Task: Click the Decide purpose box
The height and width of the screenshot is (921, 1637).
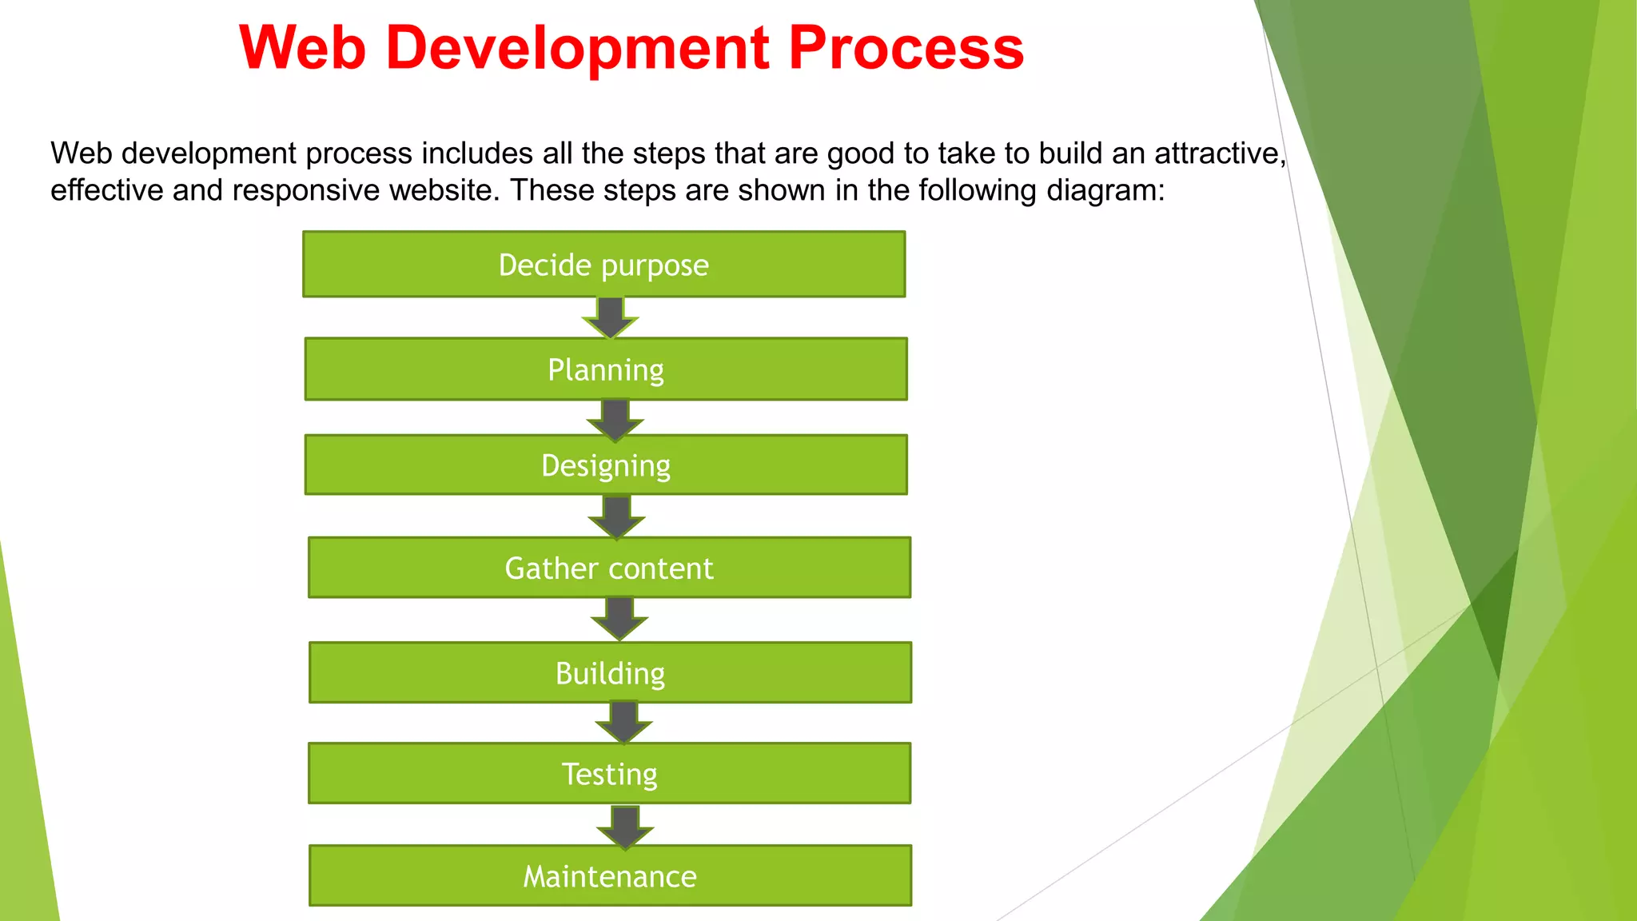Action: coord(603,265)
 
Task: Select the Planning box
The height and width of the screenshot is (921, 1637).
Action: coord(606,369)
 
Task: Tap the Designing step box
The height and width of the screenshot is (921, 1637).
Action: coord(606,465)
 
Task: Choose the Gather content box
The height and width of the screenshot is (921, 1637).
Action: coord(609,568)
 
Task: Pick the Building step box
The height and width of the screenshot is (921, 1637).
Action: coord(610,673)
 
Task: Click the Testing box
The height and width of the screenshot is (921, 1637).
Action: coord(609,774)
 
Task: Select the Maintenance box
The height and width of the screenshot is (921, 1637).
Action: coord(610,876)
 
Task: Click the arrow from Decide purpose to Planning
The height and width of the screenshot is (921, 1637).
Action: coord(610,317)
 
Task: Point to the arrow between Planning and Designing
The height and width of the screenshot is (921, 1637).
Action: coord(615,419)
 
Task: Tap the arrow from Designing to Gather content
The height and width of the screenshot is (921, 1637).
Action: coord(616,516)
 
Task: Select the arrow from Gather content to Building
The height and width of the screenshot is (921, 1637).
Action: coord(619,618)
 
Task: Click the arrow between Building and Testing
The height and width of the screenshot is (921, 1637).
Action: coord(623,721)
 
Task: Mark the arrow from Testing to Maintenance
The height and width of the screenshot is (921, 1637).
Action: coord(625,826)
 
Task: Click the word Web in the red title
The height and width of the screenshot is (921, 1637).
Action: coord(302,48)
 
